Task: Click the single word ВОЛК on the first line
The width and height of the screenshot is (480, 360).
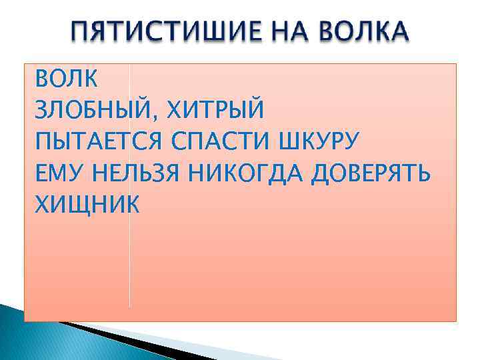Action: pos(66,79)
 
